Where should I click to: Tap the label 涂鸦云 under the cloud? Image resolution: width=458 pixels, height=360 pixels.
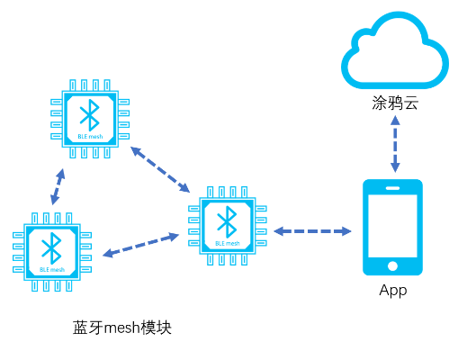click(394, 103)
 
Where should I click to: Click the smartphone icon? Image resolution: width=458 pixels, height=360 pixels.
click(392, 228)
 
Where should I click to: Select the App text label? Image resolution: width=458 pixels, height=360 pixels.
click(393, 291)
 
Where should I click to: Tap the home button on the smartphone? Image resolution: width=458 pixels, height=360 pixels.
click(392, 265)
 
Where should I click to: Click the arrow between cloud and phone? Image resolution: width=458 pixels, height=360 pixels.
click(394, 143)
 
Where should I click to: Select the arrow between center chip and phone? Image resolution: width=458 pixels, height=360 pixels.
click(311, 231)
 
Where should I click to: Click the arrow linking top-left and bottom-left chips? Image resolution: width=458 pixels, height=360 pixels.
click(58, 186)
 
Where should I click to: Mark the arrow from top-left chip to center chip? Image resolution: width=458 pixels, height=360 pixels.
click(159, 169)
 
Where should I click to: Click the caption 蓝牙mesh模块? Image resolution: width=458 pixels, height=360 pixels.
click(121, 328)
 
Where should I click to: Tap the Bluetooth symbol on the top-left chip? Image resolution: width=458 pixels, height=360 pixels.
click(88, 113)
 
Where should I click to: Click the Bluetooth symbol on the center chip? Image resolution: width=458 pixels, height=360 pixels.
click(228, 218)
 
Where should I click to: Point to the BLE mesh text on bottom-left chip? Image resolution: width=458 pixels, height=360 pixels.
click(52, 269)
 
